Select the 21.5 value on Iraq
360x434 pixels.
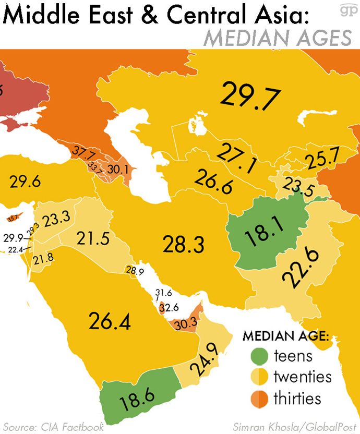[92, 238]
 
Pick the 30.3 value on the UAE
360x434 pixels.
[186, 324]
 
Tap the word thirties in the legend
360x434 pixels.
[297, 399]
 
